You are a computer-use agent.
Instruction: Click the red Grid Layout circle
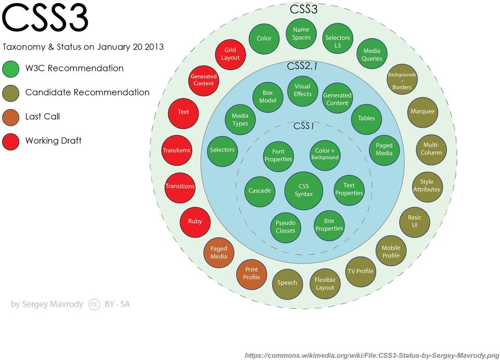tap(230, 54)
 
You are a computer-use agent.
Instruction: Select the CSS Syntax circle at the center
tap(304, 191)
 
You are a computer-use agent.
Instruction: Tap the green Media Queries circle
tap(372, 54)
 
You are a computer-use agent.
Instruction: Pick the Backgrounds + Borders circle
tap(402, 79)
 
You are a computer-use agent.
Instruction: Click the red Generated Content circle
tap(204, 81)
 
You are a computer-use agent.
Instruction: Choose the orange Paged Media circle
tap(219, 253)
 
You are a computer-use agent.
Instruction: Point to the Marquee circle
tap(422, 112)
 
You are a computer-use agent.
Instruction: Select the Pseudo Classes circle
tap(285, 227)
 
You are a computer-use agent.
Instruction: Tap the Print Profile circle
tap(252, 274)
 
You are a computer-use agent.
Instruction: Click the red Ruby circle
tap(195, 222)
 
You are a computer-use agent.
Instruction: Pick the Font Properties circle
tap(278, 156)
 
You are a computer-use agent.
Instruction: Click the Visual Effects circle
tap(302, 91)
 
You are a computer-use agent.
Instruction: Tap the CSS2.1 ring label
tap(302, 66)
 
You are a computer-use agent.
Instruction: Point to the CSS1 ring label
tap(304, 126)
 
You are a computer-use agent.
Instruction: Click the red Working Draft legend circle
tap(10, 142)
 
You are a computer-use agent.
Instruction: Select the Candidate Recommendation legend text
tap(87, 92)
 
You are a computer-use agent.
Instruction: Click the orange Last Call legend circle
tap(10, 117)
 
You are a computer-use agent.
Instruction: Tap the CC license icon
tap(94, 305)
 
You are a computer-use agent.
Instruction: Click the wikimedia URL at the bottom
tap(372, 355)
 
